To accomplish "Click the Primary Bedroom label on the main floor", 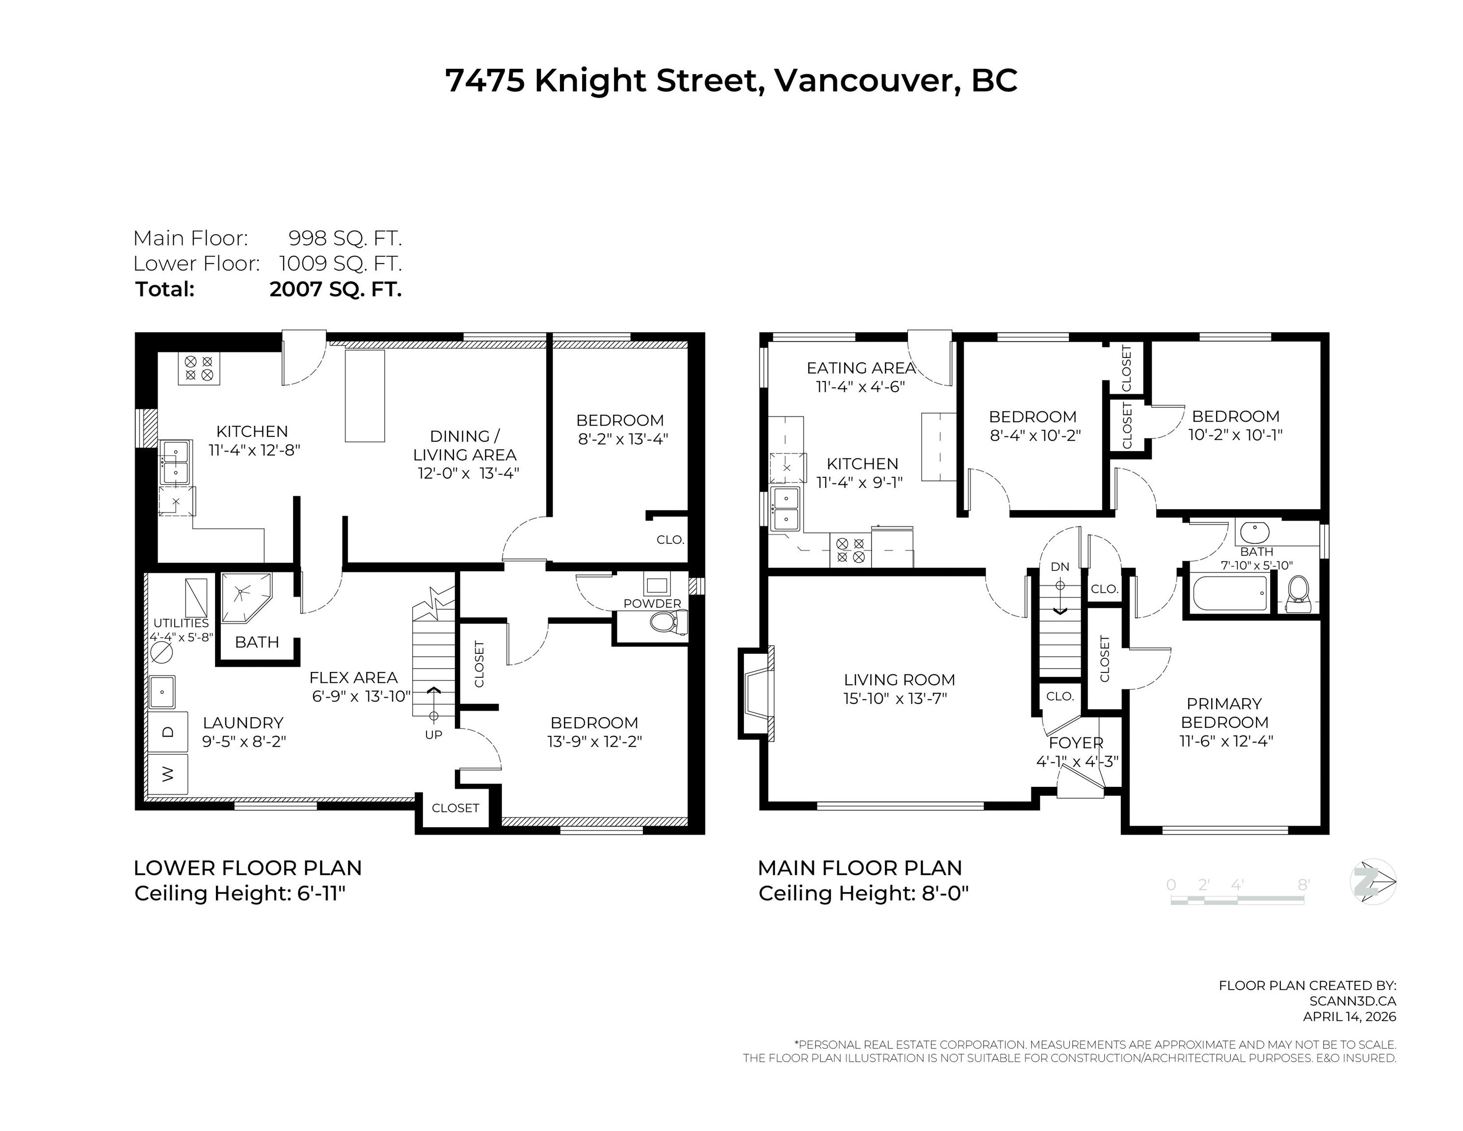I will tap(1224, 713).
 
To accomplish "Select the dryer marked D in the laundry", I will tap(167, 732).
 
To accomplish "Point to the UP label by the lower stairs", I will tap(433, 734).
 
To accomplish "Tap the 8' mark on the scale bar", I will tap(1303, 885).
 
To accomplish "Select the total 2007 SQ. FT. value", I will tap(335, 290).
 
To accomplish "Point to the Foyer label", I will tap(1076, 742).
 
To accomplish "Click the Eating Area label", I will tap(861, 368).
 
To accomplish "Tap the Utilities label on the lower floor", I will tap(181, 623).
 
